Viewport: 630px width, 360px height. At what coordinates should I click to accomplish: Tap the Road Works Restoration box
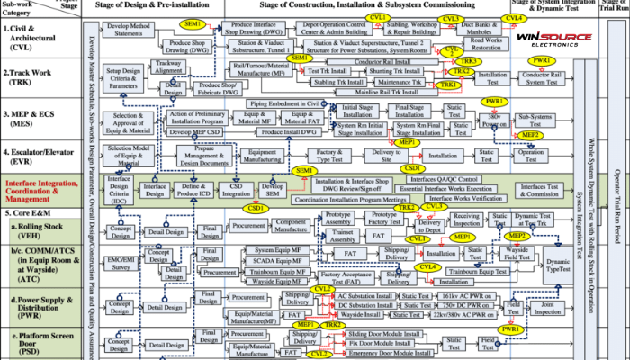pyautogui.click(x=487, y=42)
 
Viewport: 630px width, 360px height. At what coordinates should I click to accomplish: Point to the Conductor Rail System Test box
pyautogui.click(x=544, y=76)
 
